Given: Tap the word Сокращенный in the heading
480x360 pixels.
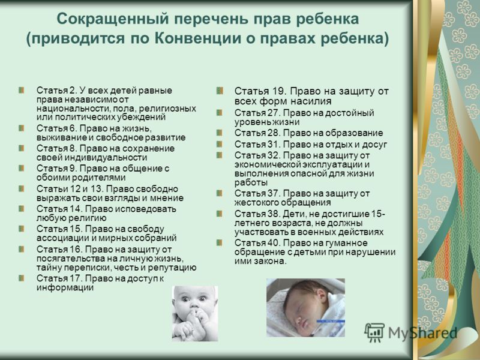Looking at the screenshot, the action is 113,19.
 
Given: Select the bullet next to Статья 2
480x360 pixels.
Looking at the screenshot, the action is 22,90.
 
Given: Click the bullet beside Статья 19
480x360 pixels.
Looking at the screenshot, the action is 220,91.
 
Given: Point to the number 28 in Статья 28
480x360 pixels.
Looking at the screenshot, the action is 274,133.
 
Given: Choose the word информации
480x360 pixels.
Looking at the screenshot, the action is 65,287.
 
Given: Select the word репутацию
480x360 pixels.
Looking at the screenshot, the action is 172,268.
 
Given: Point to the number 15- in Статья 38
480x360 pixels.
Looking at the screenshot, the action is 378,214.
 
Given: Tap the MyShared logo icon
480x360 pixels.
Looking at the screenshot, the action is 374,332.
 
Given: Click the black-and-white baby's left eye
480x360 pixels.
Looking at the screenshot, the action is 202,298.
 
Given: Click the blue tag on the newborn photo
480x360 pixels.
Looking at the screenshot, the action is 331,321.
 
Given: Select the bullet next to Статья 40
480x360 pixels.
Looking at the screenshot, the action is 220,243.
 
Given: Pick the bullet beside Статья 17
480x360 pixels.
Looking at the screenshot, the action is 22,278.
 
